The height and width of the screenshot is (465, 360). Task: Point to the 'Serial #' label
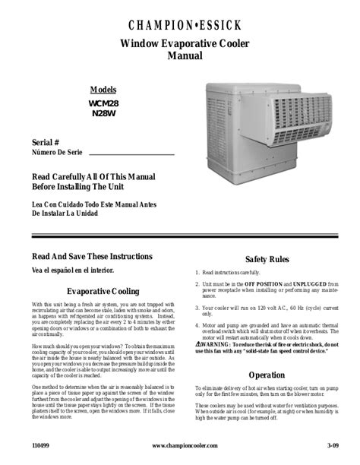[x=46, y=142]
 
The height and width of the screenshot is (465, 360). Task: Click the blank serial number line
[x=137, y=153]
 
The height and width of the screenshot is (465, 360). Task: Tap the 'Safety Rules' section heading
[x=265, y=259]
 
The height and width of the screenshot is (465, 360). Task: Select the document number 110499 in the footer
[x=40, y=446]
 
